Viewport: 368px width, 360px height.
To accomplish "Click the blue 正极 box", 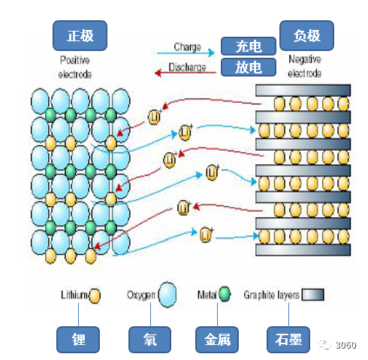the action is pyautogui.click(x=80, y=35).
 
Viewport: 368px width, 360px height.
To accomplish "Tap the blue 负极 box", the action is pyautogui.click(x=306, y=35).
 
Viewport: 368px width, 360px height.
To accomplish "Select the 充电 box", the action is pyautogui.click(x=249, y=46).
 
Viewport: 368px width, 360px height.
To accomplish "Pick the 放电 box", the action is pyautogui.click(x=249, y=67).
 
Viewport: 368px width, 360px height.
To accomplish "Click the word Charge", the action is pyautogui.click(x=188, y=47).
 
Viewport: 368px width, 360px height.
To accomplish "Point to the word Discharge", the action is pyautogui.click(x=187, y=67).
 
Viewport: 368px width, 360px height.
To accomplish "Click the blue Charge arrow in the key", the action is pyautogui.click(x=186, y=52).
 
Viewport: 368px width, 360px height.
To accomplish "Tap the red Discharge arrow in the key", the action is pyautogui.click(x=186, y=73).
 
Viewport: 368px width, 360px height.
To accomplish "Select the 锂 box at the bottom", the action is pyautogui.click(x=78, y=340).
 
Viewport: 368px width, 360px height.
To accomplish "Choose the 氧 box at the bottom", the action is pyautogui.click(x=149, y=340).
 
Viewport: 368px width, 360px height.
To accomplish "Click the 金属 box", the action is pyautogui.click(x=217, y=340).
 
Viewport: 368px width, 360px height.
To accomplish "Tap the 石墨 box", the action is pyautogui.click(x=288, y=340).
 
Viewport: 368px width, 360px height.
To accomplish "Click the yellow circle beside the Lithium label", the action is pyautogui.click(x=95, y=295).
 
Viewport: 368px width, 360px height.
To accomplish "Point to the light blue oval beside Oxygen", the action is pyautogui.click(x=167, y=295).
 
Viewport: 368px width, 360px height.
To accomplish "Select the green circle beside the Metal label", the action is pyautogui.click(x=225, y=294).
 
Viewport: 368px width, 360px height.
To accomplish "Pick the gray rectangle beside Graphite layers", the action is pyautogui.click(x=312, y=295).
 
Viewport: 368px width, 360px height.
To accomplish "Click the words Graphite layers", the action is pyautogui.click(x=272, y=295).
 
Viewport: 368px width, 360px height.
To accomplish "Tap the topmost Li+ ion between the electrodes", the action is pyautogui.click(x=154, y=117).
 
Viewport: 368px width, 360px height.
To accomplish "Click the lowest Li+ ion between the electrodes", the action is pyautogui.click(x=206, y=235).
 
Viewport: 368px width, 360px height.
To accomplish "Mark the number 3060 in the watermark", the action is pyautogui.click(x=345, y=345).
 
